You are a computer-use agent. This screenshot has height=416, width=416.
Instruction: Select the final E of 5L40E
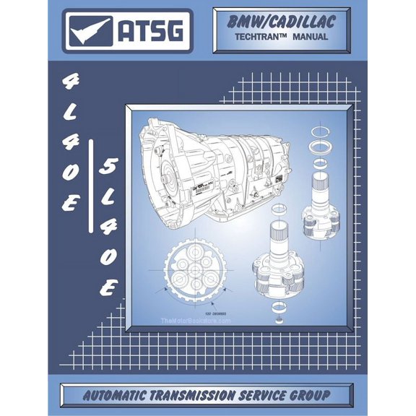click(x=108, y=287)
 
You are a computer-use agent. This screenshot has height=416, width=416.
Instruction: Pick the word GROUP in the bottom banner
click(x=318, y=394)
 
